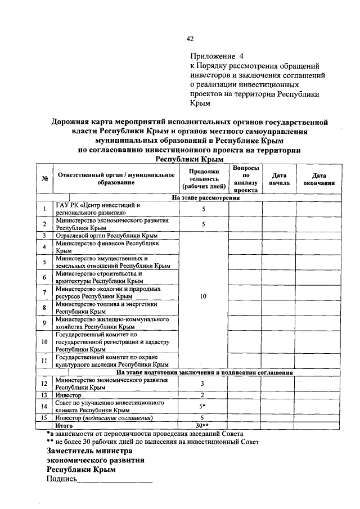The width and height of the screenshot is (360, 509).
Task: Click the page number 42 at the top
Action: click(x=190, y=39)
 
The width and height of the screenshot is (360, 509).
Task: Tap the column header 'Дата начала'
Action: click(x=279, y=179)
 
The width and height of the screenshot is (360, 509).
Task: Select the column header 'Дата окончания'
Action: click(x=319, y=179)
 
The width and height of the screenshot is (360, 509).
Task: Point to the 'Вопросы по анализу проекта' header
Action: click(x=245, y=179)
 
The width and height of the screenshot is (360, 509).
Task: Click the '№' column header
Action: click(x=44, y=179)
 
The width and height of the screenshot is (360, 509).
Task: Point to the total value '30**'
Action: click(x=201, y=425)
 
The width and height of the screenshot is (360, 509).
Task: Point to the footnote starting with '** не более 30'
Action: click(x=153, y=442)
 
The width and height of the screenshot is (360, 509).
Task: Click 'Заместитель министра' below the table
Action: click(x=89, y=451)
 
